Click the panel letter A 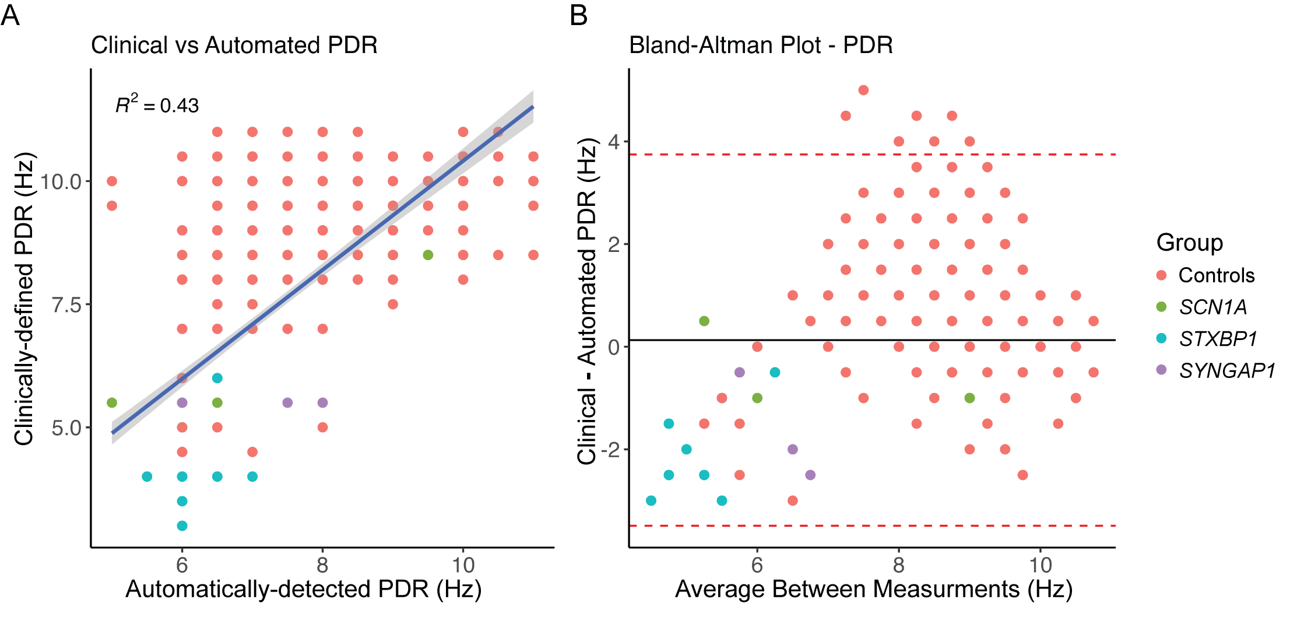(10, 15)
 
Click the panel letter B (578, 15)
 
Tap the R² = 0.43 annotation (157, 104)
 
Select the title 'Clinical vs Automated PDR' (234, 45)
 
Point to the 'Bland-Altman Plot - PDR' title (761, 45)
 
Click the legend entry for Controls (1216, 275)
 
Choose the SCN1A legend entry (1212, 307)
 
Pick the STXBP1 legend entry (1218, 339)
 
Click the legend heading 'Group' (1189, 243)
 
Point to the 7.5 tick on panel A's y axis (66, 304)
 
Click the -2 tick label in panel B (610, 450)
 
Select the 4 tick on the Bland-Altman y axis (614, 142)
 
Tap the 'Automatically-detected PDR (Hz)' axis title (303, 589)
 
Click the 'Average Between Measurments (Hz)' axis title (873, 589)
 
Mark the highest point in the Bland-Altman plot (863, 90)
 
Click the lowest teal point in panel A (182, 526)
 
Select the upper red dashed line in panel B (874, 155)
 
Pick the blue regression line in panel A (322, 270)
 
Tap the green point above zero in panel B (704, 321)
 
